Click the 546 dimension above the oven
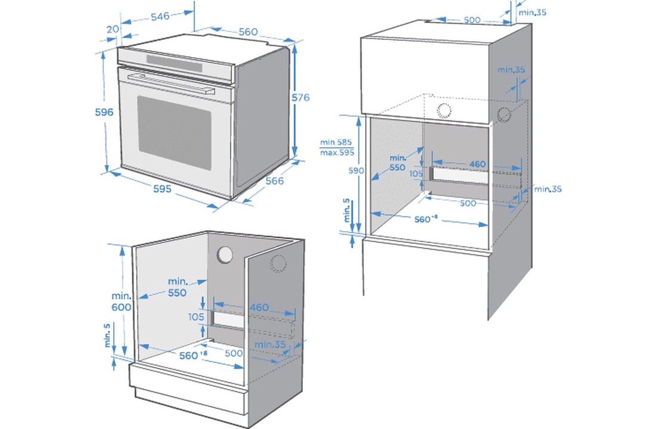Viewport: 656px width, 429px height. tap(160, 16)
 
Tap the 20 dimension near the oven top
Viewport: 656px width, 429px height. tap(113, 29)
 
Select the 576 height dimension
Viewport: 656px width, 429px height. tap(301, 98)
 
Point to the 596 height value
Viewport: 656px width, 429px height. tap(104, 112)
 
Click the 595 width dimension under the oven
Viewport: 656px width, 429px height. tap(162, 188)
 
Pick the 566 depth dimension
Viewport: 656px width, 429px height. tap(275, 181)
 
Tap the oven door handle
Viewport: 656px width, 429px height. tap(172, 83)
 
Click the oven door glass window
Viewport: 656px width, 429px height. tap(174, 132)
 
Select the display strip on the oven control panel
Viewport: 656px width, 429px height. tap(175, 63)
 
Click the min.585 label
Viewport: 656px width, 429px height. tap(336, 142)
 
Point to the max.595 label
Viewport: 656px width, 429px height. tap(337, 153)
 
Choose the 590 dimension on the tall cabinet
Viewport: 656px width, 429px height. tap(355, 170)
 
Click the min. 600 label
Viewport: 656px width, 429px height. tap(121, 301)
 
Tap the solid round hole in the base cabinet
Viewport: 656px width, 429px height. tap(225, 255)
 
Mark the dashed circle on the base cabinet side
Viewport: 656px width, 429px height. tap(278, 263)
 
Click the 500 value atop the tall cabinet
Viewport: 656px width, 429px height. tap(472, 20)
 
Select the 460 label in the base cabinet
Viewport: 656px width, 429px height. tap(259, 307)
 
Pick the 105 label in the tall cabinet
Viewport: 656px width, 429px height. tap(416, 173)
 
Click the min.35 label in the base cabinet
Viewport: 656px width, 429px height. tap(270, 344)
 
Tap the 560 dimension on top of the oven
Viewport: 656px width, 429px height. tap(248, 32)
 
